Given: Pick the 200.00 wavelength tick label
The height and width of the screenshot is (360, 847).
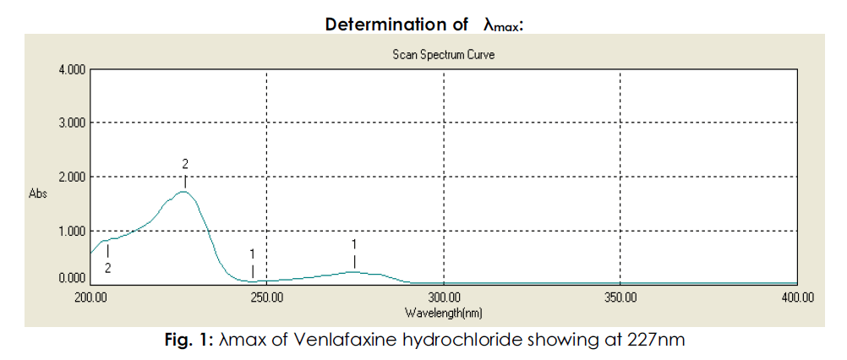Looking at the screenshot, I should pyautogui.click(x=90, y=297).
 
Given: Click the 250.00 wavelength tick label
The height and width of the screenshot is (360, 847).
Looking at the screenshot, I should pyautogui.click(x=266, y=297).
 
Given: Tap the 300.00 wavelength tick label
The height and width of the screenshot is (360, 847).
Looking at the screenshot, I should pyautogui.click(x=444, y=297).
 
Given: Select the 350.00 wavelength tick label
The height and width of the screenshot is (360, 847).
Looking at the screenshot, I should pyautogui.click(x=620, y=297).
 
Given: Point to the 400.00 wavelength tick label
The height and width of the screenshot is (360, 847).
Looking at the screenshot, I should pyautogui.click(x=797, y=297).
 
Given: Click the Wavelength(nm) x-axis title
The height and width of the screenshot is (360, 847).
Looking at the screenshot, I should pyautogui.click(x=444, y=312).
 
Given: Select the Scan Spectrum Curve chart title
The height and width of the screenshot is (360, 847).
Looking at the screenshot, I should pyautogui.click(x=444, y=54).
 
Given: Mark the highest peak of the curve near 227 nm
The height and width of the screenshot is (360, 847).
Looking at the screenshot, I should pyautogui.click(x=184, y=192).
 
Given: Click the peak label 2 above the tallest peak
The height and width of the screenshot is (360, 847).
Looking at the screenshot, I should pyautogui.click(x=184, y=162).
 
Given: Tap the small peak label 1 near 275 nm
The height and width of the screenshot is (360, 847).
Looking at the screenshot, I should pyautogui.click(x=354, y=243).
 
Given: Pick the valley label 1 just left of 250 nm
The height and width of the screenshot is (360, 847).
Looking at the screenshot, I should pyautogui.click(x=253, y=253).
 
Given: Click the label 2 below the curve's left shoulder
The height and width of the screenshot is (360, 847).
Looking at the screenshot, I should pyautogui.click(x=107, y=267).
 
